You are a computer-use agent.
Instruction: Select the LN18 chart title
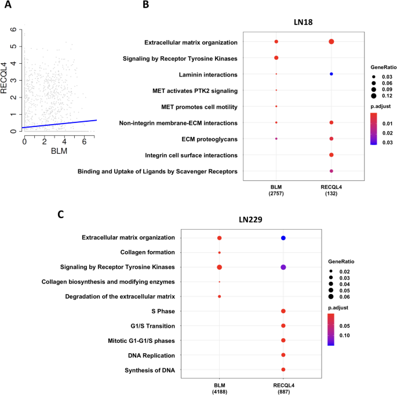304,22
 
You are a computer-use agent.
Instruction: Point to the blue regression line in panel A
58,124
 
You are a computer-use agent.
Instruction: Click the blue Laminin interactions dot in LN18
331,74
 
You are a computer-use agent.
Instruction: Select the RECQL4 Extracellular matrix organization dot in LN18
331,42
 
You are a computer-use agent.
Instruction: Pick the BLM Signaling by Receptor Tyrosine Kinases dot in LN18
276,58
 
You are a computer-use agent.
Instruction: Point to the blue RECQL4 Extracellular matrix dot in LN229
283,238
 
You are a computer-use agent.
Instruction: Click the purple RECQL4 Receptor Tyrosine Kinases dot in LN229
283,267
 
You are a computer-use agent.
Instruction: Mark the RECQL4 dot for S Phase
283,311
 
